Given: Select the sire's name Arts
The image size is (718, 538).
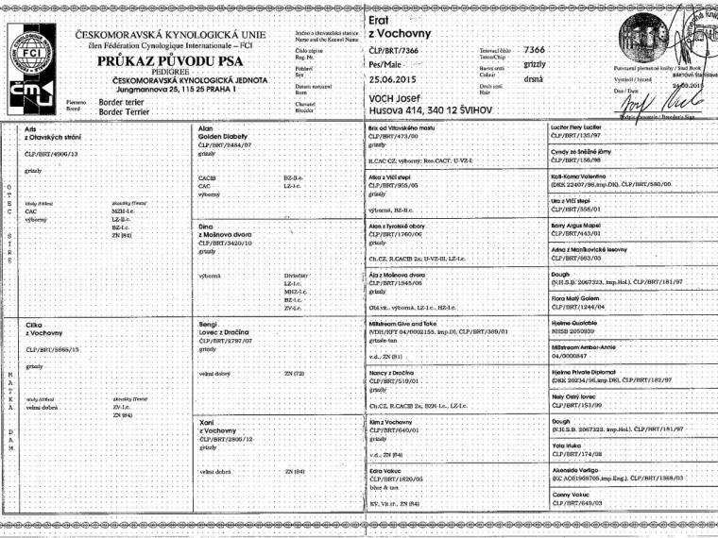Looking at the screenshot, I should (32, 127).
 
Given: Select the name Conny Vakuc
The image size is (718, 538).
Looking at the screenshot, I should (572, 495).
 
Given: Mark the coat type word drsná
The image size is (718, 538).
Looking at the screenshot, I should (533, 79).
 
